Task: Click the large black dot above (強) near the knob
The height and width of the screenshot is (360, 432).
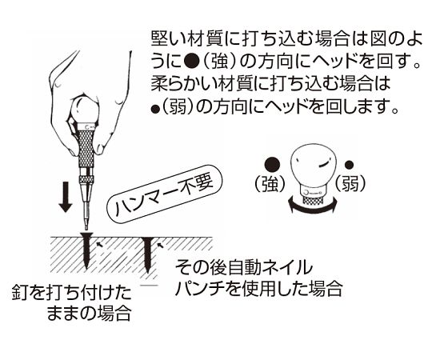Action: tap(272, 165)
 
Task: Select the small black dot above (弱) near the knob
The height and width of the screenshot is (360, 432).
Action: tap(349, 165)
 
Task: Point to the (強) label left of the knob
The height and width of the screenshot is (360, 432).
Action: tap(270, 184)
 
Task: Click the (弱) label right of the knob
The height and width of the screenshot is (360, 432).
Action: tap(350, 184)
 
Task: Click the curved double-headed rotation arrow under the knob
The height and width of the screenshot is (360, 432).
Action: tap(312, 206)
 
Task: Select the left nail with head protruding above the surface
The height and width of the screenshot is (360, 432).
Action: tap(86, 250)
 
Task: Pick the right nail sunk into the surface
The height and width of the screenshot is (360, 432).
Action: tap(148, 254)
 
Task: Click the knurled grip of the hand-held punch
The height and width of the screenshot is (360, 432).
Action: tap(85, 148)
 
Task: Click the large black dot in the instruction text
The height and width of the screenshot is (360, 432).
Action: tap(191, 63)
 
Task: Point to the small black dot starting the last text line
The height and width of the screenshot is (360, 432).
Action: tap(155, 110)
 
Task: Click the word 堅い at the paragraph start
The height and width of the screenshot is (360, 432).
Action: tap(167, 39)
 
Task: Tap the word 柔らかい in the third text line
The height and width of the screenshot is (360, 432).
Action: tap(184, 84)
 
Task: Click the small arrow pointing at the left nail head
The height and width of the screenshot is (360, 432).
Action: tap(100, 245)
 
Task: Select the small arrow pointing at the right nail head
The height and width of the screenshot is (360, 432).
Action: tap(160, 245)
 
